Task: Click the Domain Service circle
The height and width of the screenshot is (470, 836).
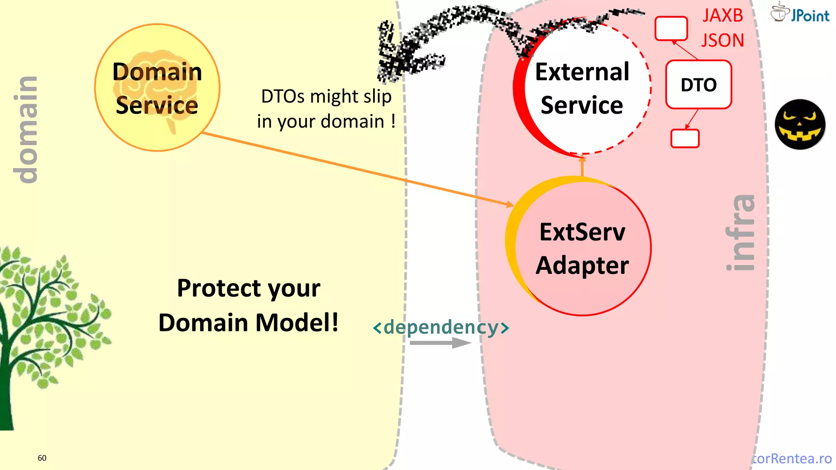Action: point(157,88)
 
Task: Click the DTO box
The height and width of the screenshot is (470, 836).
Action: point(698,85)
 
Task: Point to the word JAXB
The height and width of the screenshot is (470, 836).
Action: point(723,16)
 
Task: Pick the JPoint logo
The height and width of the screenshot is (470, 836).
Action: point(800,13)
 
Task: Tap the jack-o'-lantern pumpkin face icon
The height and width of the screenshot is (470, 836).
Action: point(800,124)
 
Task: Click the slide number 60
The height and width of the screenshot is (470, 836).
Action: point(42,458)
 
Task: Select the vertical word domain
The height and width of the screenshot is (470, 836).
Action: point(25,130)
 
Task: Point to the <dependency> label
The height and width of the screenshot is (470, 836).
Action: point(441,327)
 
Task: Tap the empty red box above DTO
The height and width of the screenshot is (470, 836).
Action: point(671,29)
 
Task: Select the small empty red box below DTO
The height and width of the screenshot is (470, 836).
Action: point(685,138)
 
